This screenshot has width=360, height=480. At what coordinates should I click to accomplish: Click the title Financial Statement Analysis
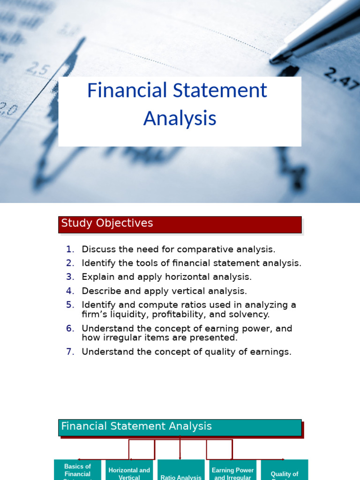point(180,104)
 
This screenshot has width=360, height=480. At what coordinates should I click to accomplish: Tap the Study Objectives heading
point(107,224)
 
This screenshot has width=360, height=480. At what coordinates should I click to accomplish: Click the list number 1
point(70,249)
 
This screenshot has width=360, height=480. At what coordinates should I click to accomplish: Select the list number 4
point(70,291)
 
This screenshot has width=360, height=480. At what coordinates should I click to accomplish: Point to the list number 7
point(70,352)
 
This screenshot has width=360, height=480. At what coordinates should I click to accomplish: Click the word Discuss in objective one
point(97,249)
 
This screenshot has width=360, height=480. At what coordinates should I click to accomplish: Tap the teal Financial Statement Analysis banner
point(180,427)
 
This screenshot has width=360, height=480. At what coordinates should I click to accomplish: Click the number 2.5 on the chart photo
point(37,70)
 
